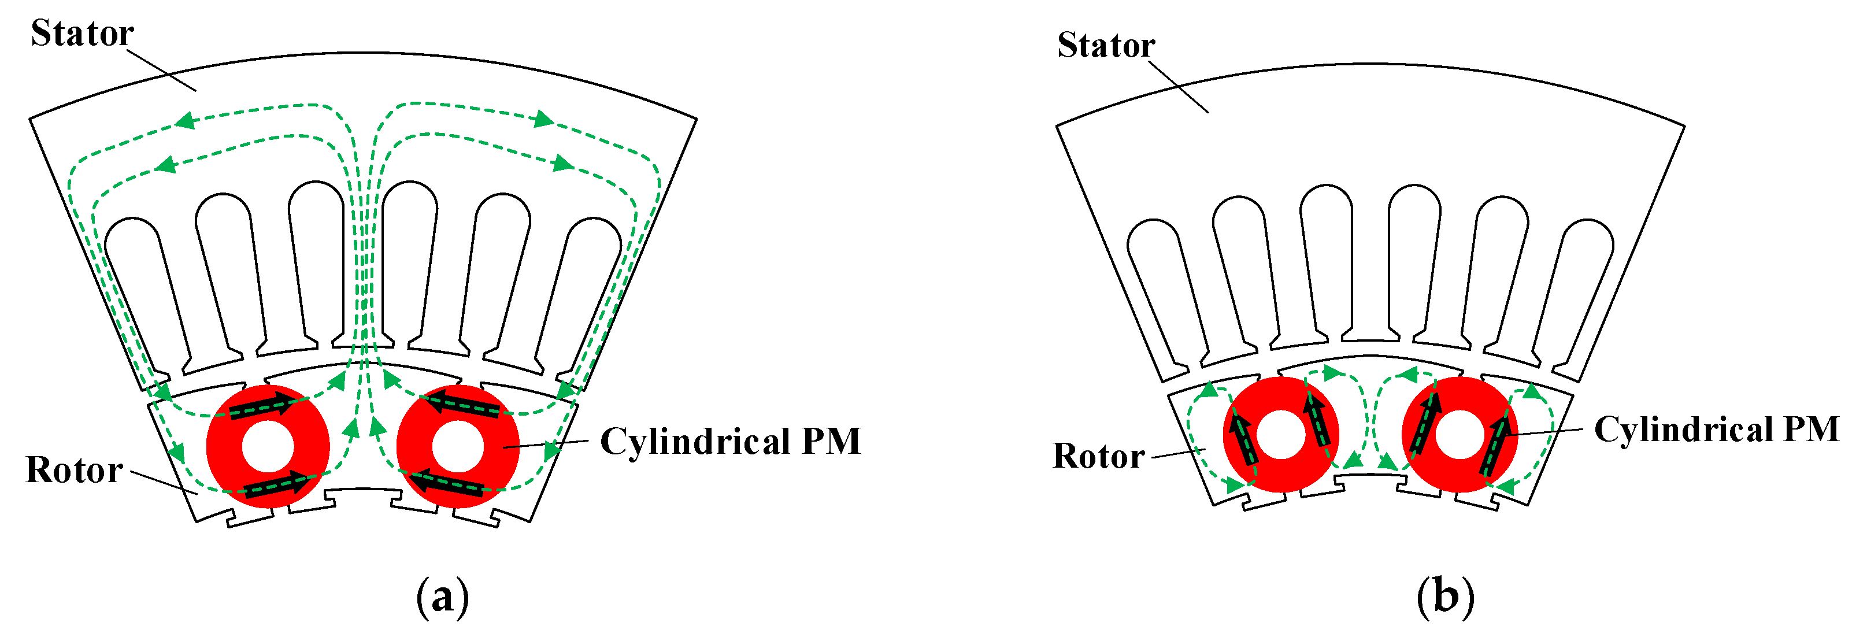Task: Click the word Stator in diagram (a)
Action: pyautogui.click(x=82, y=34)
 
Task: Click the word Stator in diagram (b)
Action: pyautogui.click(x=1105, y=45)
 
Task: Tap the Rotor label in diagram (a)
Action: pyautogui.click(x=74, y=470)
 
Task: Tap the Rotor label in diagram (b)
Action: pyautogui.click(x=1098, y=456)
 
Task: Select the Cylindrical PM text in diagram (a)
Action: pyautogui.click(x=730, y=441)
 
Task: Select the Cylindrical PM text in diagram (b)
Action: pyautogui.click(x=1716, y=430)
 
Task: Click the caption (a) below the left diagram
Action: pyautogui.click(x=442, y=598)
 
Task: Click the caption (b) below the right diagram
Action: pyautogui.click(x=1445, y=598)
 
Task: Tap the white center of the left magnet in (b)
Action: pyautogui.click(x=1281, y=434)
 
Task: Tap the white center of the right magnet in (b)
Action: pyautogui.click(x=1459, y=434)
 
